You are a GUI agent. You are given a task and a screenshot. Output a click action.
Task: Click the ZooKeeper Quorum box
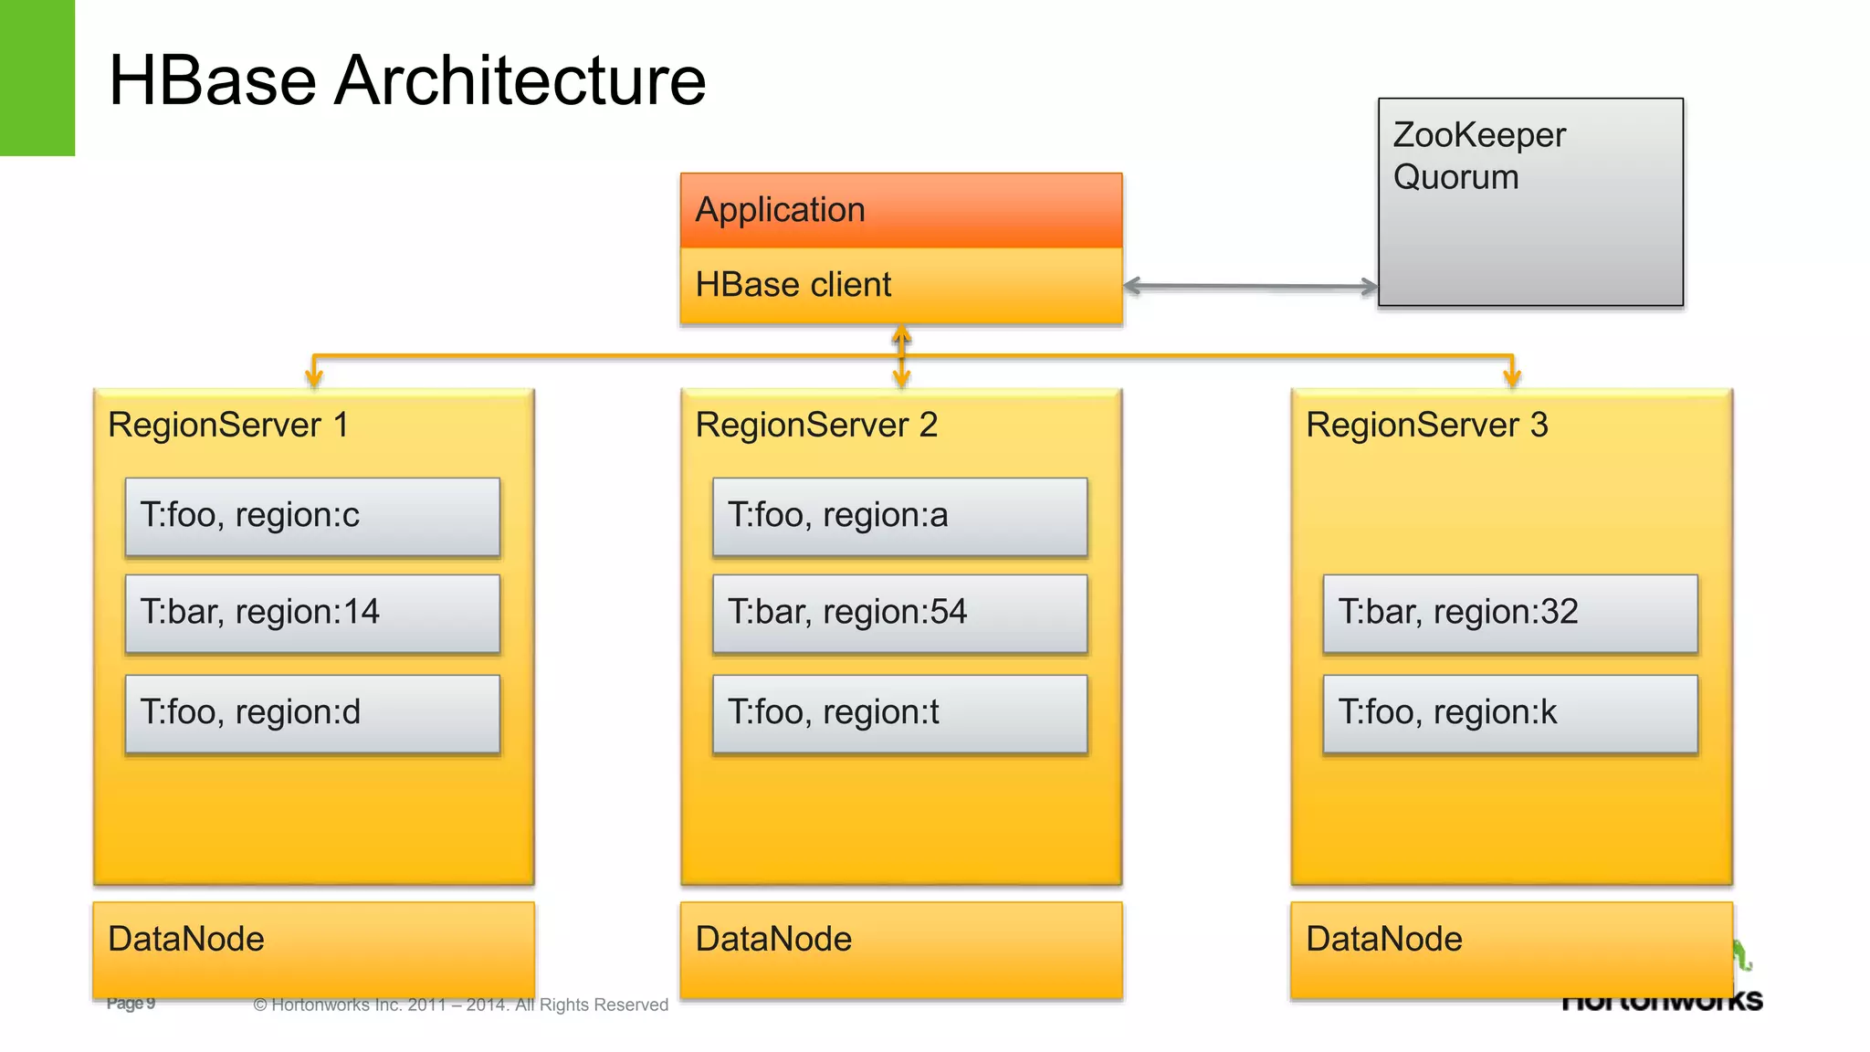[1530, 202]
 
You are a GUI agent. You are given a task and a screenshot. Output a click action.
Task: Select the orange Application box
[900, 210]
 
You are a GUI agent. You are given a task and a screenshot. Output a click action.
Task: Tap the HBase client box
[900, 285]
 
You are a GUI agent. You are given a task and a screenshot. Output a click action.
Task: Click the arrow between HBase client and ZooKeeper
[1250, 287]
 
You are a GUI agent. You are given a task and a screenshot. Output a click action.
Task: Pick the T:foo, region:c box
[312, 516]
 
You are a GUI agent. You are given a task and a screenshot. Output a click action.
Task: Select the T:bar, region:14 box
[312, 613]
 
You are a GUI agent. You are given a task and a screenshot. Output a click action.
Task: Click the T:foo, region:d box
[312, 713]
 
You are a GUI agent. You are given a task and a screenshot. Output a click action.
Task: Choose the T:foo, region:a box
[899, 516]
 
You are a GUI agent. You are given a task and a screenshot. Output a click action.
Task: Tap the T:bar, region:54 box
[899, 613]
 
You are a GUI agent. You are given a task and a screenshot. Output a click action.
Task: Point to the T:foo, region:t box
[899, 713]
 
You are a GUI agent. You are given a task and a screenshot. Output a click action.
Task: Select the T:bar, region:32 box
[1510, 613]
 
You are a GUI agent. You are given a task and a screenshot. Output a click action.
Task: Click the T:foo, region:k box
[1510, 713]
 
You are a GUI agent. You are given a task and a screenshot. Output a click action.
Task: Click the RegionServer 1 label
[228, 426]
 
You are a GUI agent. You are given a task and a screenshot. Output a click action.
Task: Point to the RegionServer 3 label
[1426, 426]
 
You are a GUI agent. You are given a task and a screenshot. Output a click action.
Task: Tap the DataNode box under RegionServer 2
[900, 950]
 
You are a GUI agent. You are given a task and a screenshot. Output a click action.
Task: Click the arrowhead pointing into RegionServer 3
[1512, 376]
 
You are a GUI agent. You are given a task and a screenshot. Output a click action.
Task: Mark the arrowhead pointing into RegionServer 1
[314, 376]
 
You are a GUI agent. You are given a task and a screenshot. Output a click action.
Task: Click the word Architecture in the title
[520, 81]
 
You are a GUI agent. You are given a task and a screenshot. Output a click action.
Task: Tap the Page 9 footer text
[131, 1004]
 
